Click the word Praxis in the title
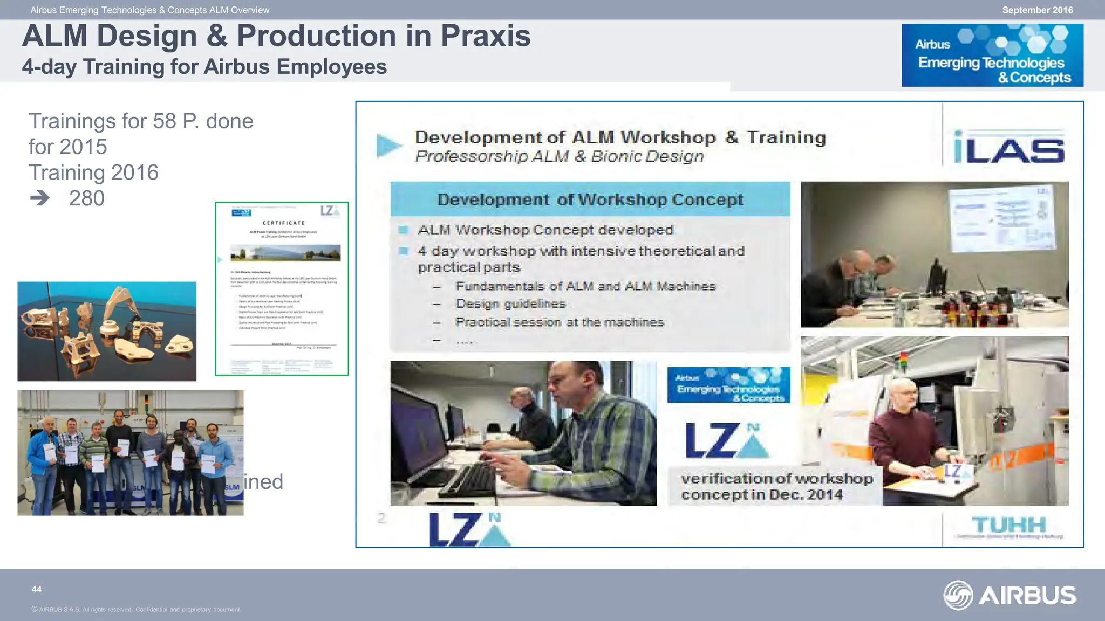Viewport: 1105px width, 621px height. click(x=485, y=37)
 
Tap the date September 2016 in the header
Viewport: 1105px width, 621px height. click(x=1037, y=10)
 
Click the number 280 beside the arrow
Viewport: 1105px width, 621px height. click(x=86, y=198)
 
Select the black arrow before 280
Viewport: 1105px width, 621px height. click(x=40, y=198)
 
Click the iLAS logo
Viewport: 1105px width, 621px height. click(x=1008, y=147)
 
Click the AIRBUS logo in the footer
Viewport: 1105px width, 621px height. click(x=1009, y=595)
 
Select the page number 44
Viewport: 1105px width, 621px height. click(x=37, y=589)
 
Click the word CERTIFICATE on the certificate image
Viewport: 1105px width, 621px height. click(x=283, y=223)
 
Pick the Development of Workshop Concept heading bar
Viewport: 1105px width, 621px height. click(x=590, y=199)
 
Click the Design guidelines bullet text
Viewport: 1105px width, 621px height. click(x=510, y=304)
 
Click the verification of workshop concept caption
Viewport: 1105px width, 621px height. click(x=775, y=486)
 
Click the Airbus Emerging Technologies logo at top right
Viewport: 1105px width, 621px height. click(x=992, y=55)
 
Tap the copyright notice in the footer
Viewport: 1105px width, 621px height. click(x=136, y=610)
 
